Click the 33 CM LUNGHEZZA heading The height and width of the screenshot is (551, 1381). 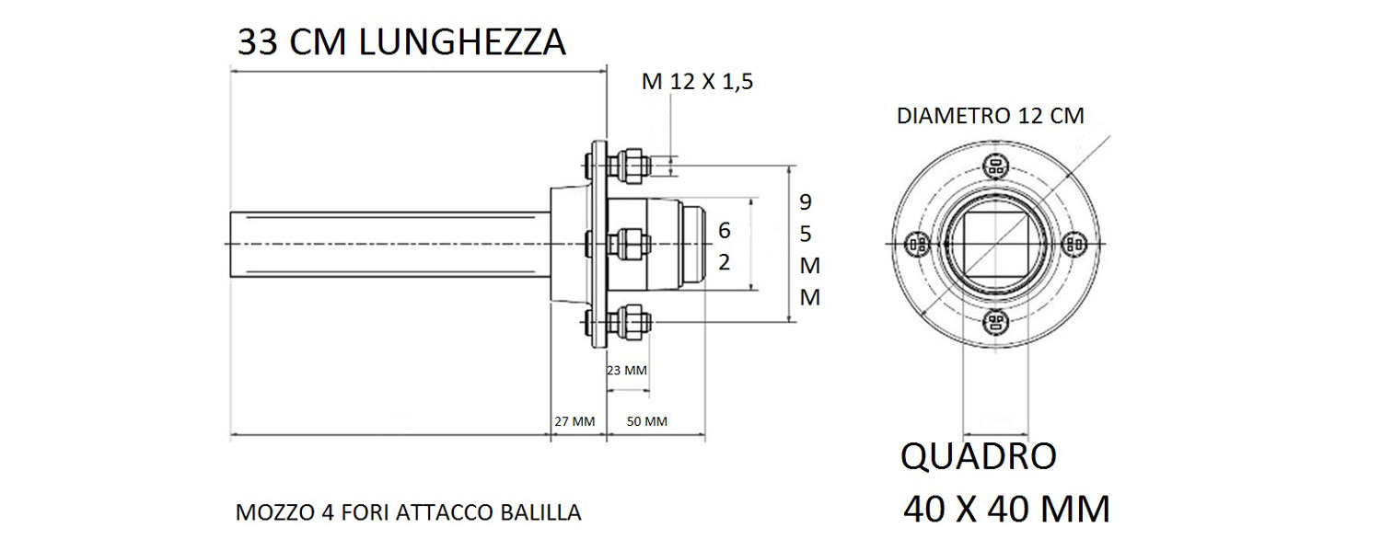[x=401, y=42]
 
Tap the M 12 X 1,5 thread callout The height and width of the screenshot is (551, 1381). [x=698, y=82]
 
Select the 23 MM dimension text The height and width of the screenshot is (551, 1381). [x=627, y=371]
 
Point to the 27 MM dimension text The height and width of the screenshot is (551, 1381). [x=574, y=421]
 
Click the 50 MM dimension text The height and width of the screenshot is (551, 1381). [x=646, y=421]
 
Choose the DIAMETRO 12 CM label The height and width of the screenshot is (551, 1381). [x=990, y=117]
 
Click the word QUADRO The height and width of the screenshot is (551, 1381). [x=978, y=456]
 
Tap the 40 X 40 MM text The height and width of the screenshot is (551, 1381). [x=1005, y=508]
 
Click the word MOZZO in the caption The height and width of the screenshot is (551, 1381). [x=267, y=512]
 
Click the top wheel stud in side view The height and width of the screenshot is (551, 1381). [x=631, y=164]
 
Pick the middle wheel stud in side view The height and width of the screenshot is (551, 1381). [x=631, y=245]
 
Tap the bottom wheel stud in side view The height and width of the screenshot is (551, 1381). [x=631, y=322]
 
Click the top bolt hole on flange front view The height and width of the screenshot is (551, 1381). [x=994, y=167]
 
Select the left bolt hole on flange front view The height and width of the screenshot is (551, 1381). [x=916, y=244]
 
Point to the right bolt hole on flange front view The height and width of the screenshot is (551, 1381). [x=1073, y=244]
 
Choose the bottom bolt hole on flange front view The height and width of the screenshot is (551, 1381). [x=994, y=322]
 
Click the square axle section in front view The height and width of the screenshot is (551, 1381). [x=994, y=244]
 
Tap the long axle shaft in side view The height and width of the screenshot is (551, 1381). [x=387, y=244]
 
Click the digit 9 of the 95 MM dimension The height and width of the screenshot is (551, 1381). [x=805, y=200]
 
